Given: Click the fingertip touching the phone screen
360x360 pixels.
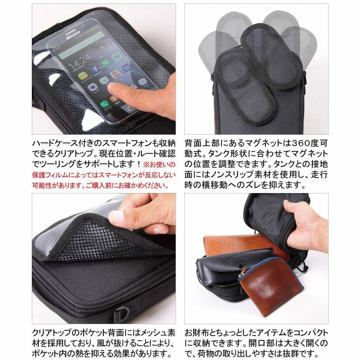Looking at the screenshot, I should click(x=114, y=89).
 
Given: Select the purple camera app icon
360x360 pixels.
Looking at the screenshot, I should click(x=93, y=87).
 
